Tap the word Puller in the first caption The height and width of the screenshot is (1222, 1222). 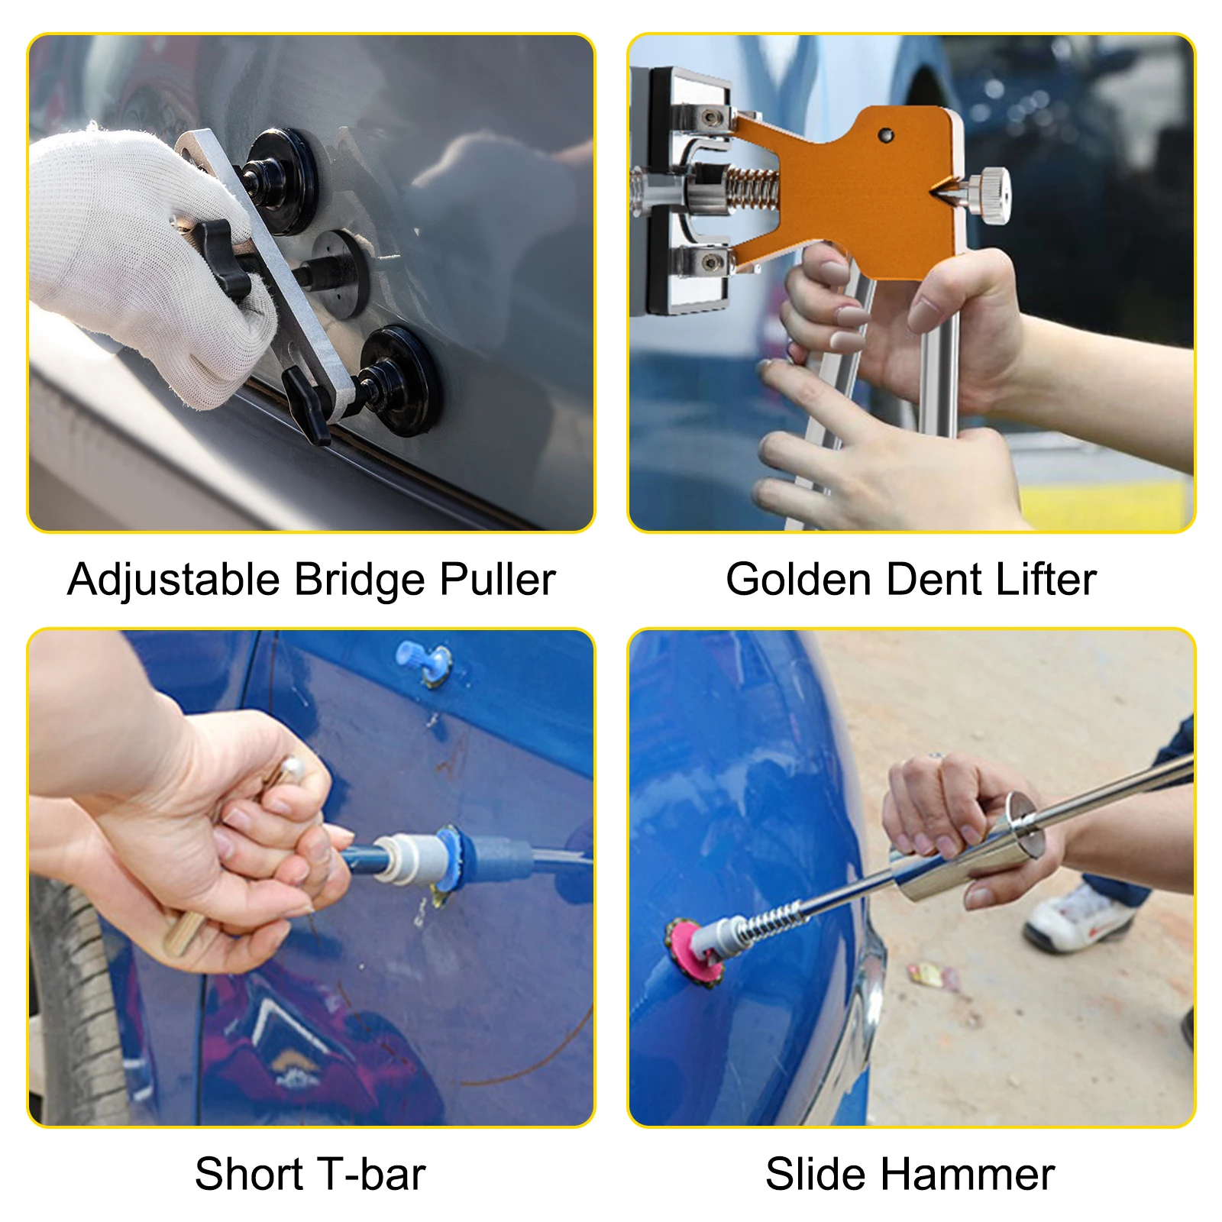(497, 580)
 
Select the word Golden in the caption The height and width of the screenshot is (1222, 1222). (798, 579)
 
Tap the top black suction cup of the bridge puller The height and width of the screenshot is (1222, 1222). (284, 179)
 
